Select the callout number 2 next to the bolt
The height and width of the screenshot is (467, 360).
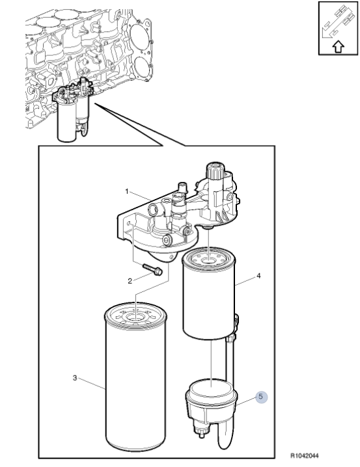click(130, 281)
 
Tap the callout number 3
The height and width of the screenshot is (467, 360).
click(75, 378)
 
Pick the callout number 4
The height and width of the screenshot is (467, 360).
click(258, 276)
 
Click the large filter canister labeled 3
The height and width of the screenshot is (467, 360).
click(136, 384)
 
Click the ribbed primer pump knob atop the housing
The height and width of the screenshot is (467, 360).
click(214, 172)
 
